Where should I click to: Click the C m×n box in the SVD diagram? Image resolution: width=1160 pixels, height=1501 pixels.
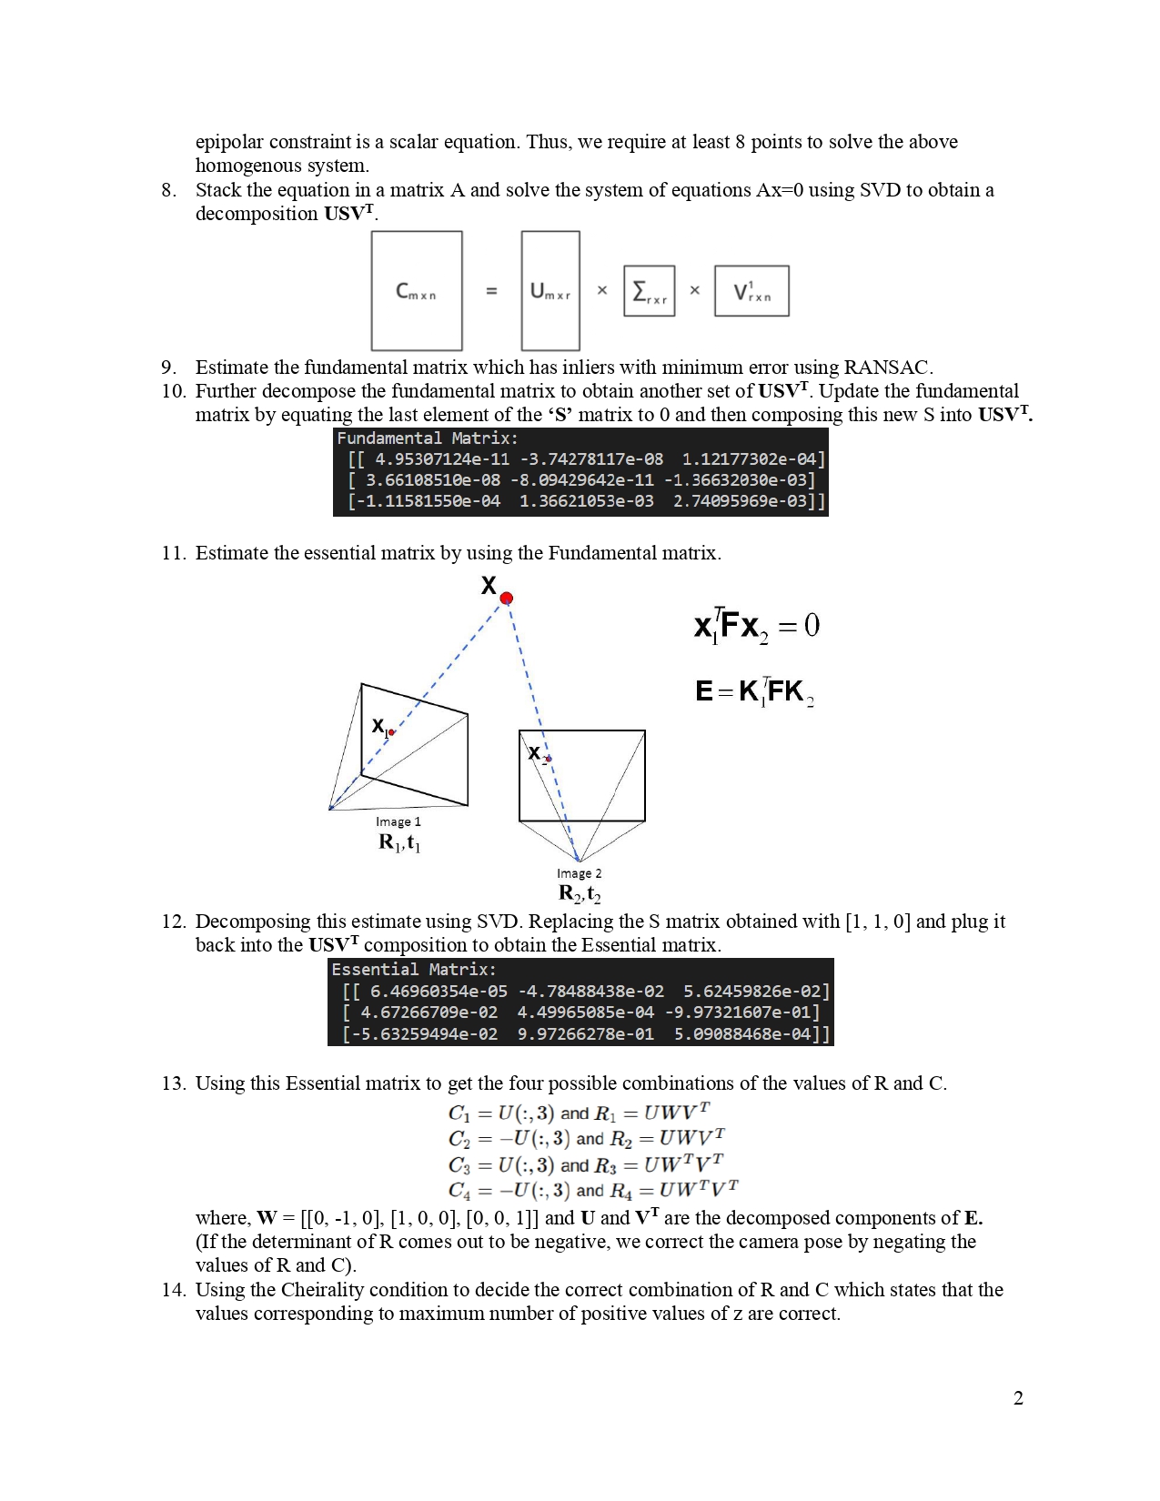click(416, 291)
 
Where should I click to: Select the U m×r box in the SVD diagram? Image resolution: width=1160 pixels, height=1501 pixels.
click(550, 291)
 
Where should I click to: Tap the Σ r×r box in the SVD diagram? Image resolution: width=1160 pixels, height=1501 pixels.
click(649, 291)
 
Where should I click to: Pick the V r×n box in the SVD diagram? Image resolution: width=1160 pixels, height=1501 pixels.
click(751, 291)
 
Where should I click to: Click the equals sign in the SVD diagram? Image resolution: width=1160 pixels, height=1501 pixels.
click(491, 291)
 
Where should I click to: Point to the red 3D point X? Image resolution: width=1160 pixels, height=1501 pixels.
click(507, 598)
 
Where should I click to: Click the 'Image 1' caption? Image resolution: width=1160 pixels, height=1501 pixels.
click(398, 821)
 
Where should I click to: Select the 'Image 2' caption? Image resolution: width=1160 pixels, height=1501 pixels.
click(579, 873)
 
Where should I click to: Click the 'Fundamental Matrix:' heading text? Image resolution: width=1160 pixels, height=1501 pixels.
click(427, 438)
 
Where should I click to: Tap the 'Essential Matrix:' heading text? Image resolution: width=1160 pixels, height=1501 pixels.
click(414, 970)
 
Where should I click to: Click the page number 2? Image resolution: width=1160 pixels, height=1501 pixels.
click(1018, 1398)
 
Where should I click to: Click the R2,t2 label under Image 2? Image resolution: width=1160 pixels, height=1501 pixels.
click(580, 893)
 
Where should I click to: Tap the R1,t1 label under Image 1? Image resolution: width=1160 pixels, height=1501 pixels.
click(399, 842)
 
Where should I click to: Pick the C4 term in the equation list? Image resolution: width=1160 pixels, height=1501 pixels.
click(459, 1190)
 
